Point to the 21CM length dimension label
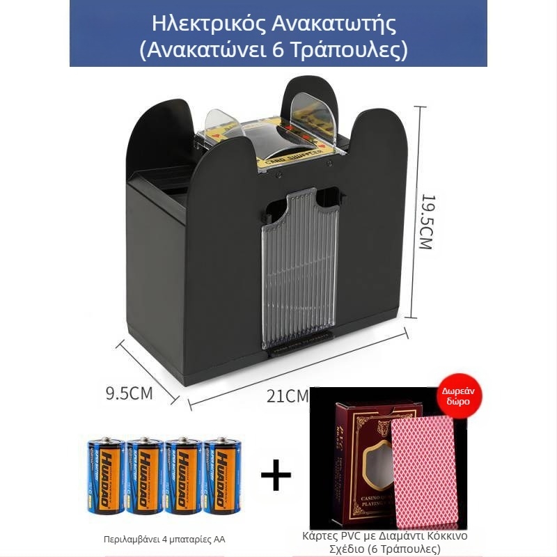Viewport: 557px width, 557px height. (288, 395)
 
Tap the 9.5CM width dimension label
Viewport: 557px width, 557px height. (129, 393)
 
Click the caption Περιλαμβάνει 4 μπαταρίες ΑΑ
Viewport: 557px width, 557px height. (164, 539)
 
